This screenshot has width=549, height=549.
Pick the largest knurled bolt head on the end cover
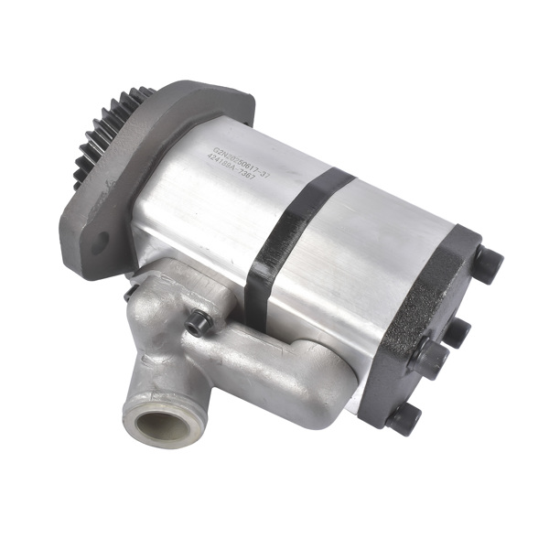pos(430,358)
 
